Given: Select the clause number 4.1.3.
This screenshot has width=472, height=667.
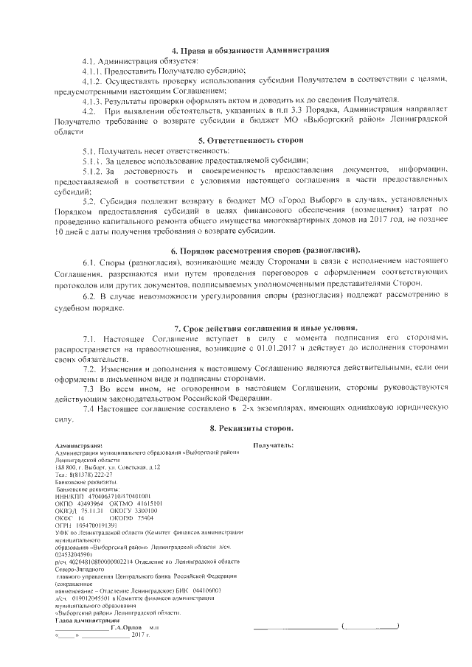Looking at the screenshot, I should (x=94, y=99).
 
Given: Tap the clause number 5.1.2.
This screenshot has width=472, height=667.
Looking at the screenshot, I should (x=94, y=170).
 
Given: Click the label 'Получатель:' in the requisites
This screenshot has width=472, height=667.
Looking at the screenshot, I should (x=274, y=446).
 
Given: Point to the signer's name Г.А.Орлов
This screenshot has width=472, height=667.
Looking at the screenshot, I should (x=127, y=626).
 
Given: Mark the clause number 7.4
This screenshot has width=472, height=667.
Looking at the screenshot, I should (x=90, y=408).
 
